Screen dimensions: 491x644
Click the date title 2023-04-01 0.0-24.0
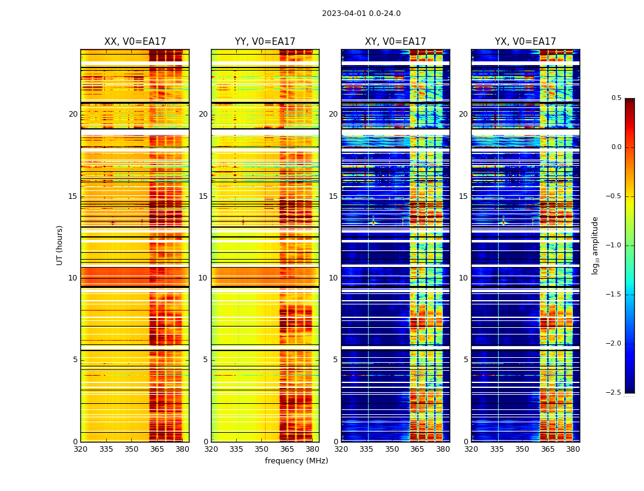(x=361, y=14)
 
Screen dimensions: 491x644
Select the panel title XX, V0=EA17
(x=135, y=42)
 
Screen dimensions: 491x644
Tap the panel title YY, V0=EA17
(x=265, y=42)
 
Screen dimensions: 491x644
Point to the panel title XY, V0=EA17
(x=396, y=42)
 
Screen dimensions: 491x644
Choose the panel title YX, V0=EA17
(x=526, y=42)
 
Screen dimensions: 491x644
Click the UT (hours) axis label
(x=60, y=245)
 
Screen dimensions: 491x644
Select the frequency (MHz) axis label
(x=296, y=461)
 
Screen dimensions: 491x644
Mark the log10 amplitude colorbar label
(x=596, y=245)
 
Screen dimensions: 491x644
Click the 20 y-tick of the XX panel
(x=73, y=114)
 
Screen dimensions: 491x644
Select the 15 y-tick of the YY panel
(x=203, y=196)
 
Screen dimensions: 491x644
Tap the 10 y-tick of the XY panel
(x=333, y=278)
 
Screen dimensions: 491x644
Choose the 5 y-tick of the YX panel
(x=466, y=360)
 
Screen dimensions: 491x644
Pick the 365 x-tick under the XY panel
(x=418, y=449)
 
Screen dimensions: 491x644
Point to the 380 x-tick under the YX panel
(x=573, y=449)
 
